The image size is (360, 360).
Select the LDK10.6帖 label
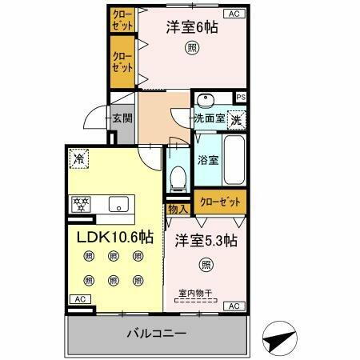[x=114, y=237]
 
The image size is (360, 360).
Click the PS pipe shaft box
[x=241, y=98]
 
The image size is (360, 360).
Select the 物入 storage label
[x=178, y=210]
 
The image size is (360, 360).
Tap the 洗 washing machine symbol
[x=236, y=120]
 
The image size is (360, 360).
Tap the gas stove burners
[x=80, y=203]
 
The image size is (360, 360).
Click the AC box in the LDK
[x=79, y=298]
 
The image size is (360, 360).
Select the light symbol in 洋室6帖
[x=193, y=48]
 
